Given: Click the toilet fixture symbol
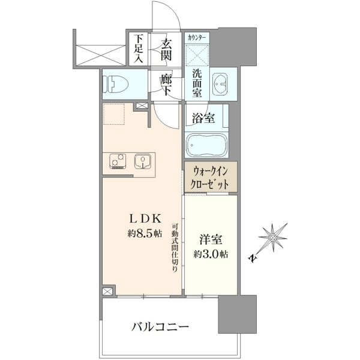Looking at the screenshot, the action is [x=115, y=85].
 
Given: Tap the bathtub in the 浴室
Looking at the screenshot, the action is [x=207, y=145].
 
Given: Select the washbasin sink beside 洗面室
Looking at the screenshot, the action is [x=220, y=84].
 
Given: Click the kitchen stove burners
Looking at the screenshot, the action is [x=118, y=161].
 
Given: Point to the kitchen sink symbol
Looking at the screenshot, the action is [x=142, y=161].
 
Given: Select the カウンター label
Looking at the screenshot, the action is [x=197, y=38].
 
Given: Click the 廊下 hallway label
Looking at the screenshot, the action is [x=166, y=85].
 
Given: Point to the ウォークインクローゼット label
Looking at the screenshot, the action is [x=211, y=178].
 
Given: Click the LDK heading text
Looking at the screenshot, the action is [x=145, y=218].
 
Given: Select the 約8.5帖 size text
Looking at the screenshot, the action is [x=145, y=233].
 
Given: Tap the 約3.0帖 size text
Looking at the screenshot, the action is [x=211, y=254].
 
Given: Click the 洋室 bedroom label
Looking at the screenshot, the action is [x=211, y=239].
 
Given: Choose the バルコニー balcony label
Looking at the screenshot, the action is [x=160, y=326].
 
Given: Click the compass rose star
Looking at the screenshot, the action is [x=273, y=237].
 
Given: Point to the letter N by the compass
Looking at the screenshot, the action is [x=253, y=258].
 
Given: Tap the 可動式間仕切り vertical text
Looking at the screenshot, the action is [x=175, y=247].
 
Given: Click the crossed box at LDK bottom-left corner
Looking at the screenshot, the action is [x=107, y=292].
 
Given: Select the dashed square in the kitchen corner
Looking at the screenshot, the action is [x=114, y=114].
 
